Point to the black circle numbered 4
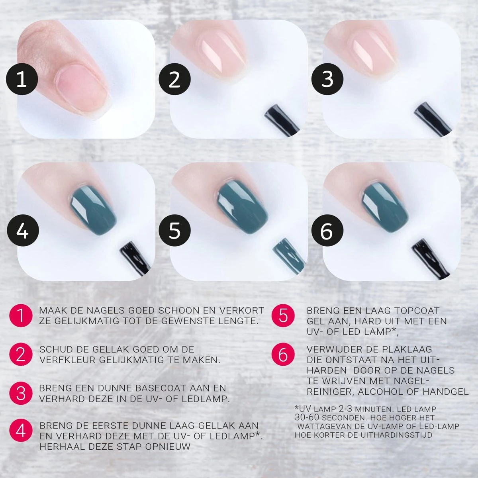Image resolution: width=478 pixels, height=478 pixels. (x=22, y=231)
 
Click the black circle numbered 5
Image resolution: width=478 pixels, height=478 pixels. (x=175, y=231)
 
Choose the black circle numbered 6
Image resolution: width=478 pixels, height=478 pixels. (x=327, y=231)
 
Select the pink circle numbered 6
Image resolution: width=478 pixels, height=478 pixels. (x=283, y=355)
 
